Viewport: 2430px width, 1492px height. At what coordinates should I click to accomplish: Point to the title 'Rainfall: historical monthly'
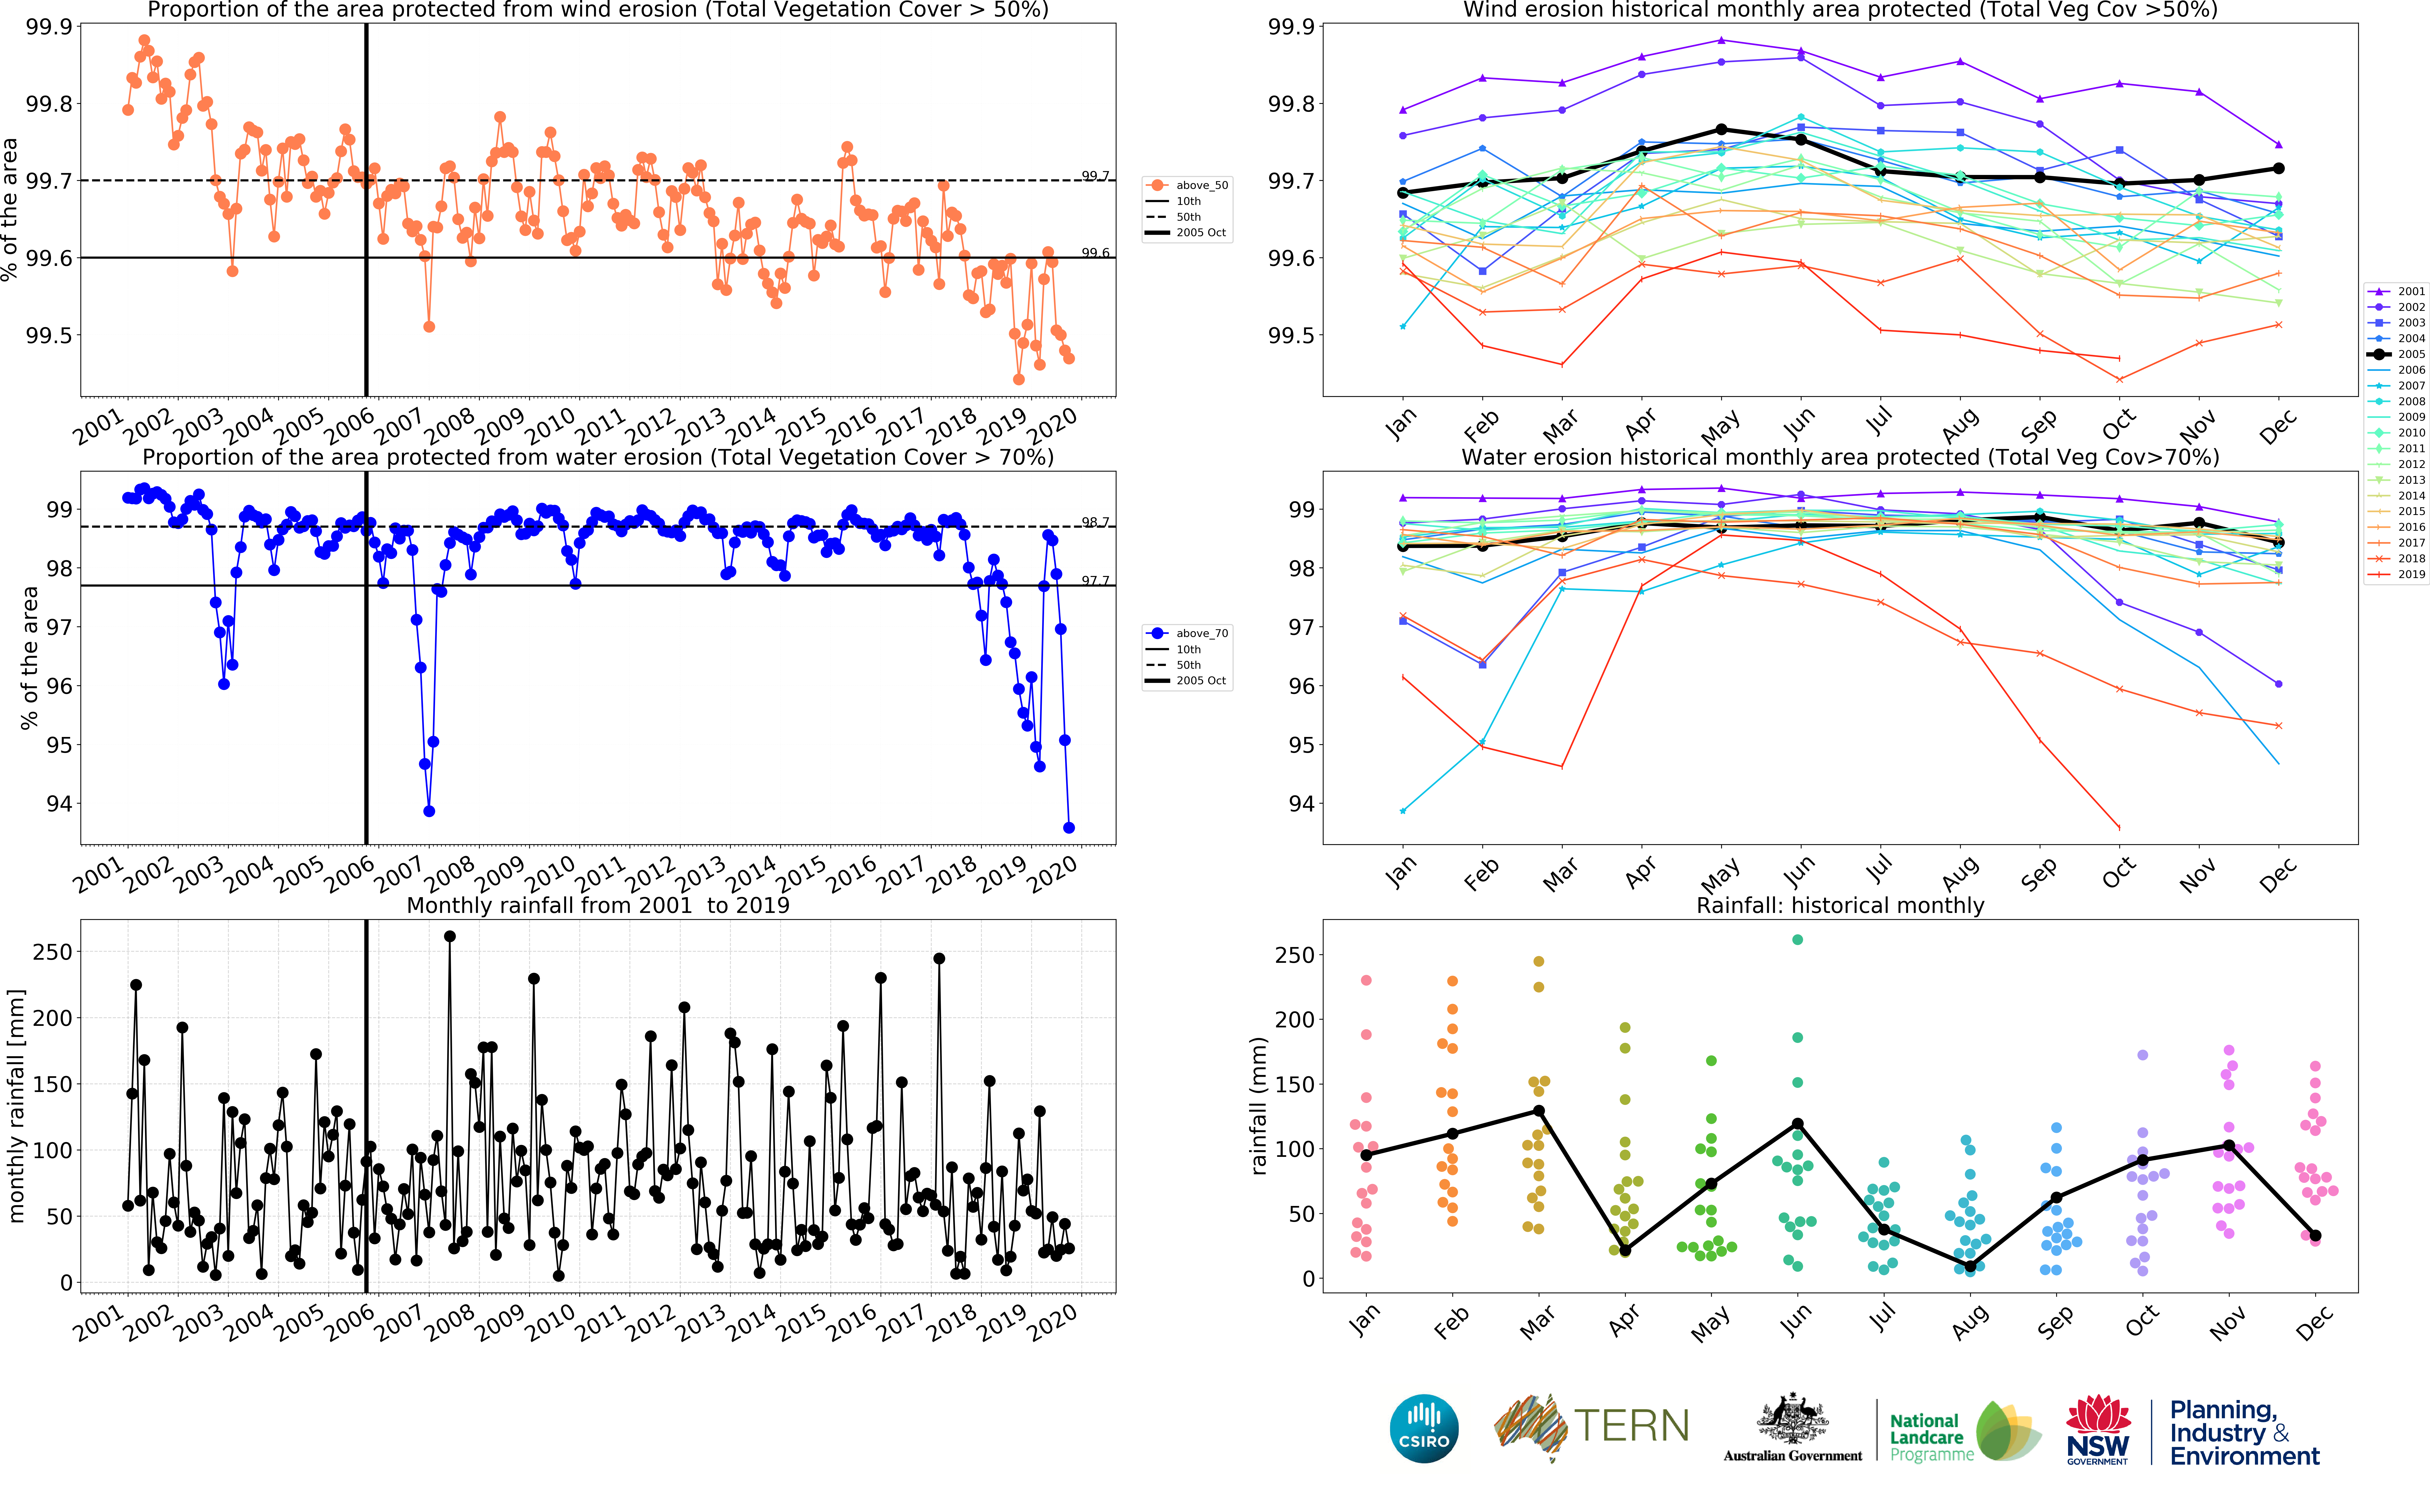[1840, 905]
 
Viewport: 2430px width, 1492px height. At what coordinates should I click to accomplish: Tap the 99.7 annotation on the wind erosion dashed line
[1096, 176]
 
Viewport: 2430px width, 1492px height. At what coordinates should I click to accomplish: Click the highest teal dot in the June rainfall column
[1797, 939]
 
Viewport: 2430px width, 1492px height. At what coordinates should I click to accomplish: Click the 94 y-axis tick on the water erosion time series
[59, 803]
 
